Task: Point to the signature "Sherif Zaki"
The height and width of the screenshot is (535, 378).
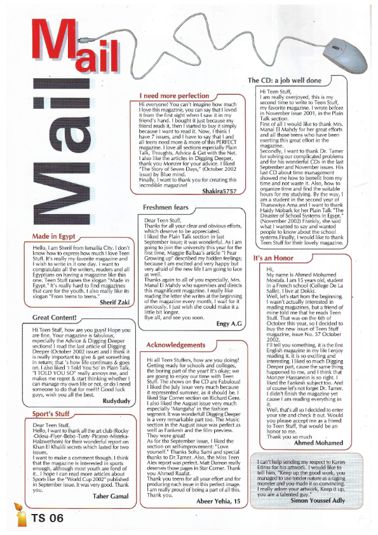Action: (x=115, y=302)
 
